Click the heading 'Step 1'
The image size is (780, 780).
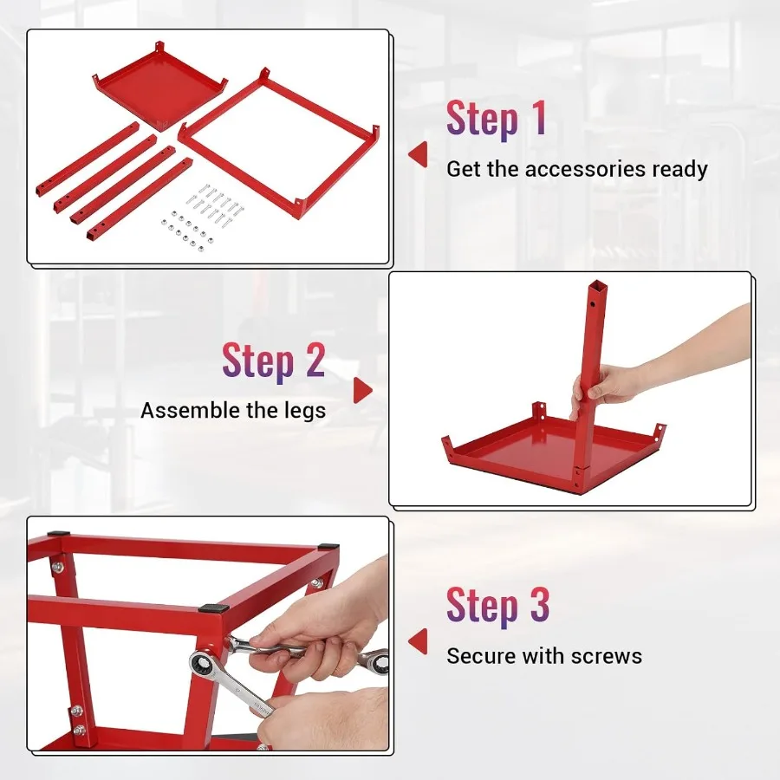pyautogui.click(x=497, y=119)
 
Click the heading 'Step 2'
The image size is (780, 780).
pyautogui.click(x=273, y=361)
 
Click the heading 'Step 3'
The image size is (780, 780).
pyautogui.click(x=497, y=605)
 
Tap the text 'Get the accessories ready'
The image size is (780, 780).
pyautogui.click(x=576, y=169)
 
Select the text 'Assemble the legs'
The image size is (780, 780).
pyautogui.click(x=233, y=410)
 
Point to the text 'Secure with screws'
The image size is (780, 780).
pyautogui.click(x=544, y=655)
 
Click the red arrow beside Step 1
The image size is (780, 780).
pyautogui.click(x=419, y=155)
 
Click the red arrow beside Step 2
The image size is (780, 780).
pyautogui.click(x=363, y=391)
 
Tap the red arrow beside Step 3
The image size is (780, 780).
pyautogui.click(x=419, y=641)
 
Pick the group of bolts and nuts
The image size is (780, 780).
pyautogui.click(x=201, y=218)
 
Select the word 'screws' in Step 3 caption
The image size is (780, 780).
pyautogui.click(x=606, y=655)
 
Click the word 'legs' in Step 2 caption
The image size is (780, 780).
pyautogui.click(x=303, y=410)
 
